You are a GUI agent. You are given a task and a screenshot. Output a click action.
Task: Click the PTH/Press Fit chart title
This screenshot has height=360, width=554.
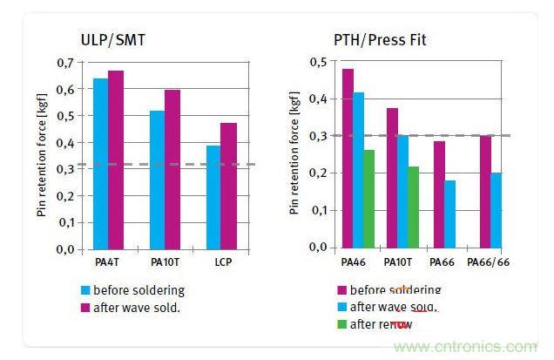(380, 39)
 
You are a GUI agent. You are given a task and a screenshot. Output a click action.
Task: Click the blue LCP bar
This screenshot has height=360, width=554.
(212, 197)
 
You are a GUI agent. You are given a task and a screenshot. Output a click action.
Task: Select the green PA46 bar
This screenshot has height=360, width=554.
(369, 199)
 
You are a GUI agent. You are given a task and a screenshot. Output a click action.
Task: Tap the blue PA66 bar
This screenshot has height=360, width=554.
(449, 214)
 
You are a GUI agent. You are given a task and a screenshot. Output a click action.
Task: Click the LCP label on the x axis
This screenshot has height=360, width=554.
(220, 262)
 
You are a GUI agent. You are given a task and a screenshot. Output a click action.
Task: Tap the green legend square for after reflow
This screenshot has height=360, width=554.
(343, 324)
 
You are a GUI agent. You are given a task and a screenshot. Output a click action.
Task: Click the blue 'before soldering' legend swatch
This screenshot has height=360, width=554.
(85, 290)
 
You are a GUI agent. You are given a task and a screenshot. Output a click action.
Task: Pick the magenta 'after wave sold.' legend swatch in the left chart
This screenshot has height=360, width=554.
(85, 307)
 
